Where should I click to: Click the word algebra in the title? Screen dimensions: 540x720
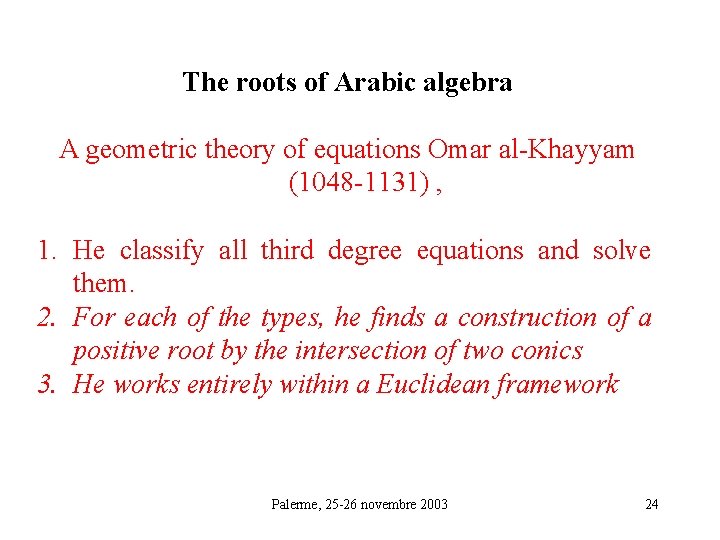point(467,83)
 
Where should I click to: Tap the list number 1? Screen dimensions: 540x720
point(46,251)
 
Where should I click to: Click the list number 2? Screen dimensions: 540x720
point(46,318)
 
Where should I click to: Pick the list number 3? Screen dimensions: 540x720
point(46,385)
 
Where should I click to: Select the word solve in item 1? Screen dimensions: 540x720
point(621,251)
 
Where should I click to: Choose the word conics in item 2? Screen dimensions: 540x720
point(548,351)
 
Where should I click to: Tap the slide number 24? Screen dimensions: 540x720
point(652,504)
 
